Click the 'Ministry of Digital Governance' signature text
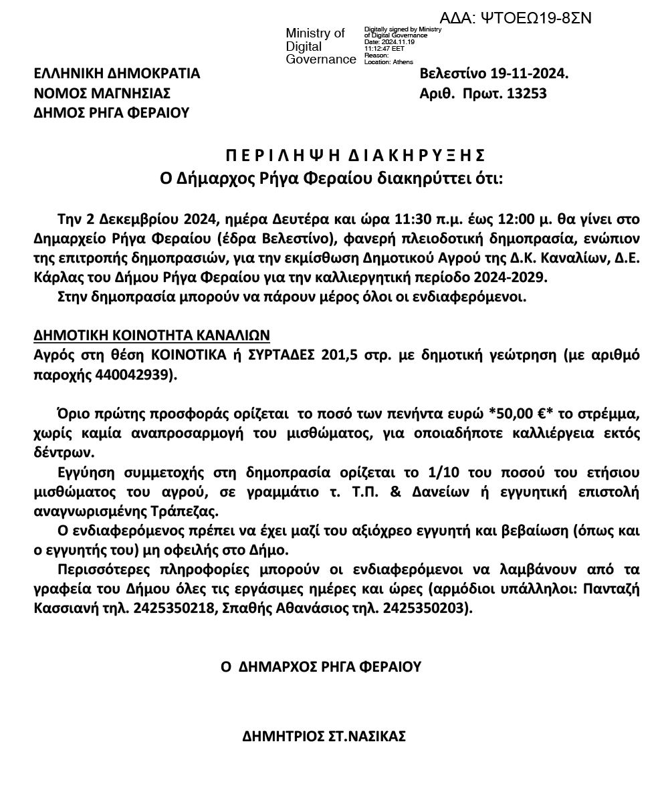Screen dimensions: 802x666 320,46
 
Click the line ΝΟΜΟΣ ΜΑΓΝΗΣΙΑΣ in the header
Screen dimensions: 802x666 102,93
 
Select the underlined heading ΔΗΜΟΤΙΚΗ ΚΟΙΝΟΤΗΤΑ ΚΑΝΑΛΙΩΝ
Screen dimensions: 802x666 152,335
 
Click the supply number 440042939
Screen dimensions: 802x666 133,374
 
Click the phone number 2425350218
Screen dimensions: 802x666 171,608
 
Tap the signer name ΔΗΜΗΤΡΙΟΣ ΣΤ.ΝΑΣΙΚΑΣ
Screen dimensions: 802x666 324,737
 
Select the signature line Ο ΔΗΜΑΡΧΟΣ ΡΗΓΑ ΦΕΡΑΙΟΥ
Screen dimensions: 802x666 322,667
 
